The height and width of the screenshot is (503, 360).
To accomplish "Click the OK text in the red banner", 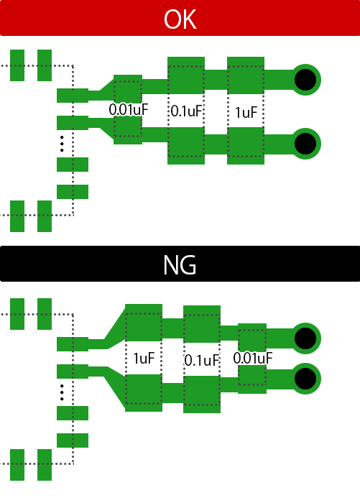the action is (x=180, y=19).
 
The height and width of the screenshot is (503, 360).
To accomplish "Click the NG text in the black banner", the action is (x=180, y=265).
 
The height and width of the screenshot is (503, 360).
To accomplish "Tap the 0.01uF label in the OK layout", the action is (x=129, y=110).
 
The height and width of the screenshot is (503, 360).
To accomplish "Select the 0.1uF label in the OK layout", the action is (x=186, y=111).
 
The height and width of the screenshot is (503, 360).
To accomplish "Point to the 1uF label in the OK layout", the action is (x=246, y=113).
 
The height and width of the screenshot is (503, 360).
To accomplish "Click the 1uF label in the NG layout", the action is (x=144, y=359).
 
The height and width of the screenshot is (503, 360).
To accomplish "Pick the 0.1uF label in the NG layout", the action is (x=201, y=361).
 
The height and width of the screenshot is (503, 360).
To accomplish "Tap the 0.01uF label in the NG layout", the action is (x=253, y=359).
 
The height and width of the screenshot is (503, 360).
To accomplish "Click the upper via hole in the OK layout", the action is (x=305, y=80).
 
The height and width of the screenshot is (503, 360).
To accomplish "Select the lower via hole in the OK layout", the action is (x=305, y=144).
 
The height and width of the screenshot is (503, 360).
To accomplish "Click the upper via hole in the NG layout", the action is (x=305, y=338).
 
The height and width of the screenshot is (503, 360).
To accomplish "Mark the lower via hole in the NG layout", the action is (x=305, y=379).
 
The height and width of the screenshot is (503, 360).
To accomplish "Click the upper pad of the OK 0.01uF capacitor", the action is (x=128, y=89).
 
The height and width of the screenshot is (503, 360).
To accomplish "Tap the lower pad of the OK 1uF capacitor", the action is (x=246, y=146).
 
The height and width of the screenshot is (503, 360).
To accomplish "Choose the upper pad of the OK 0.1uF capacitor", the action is (x=186, y=75).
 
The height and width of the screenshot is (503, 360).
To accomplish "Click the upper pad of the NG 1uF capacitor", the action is (x=144, y=323).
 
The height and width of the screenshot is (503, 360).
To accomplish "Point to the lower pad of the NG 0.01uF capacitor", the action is (x=252, y=379).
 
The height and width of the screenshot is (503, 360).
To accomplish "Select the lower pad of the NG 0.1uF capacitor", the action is (x=202, y=394).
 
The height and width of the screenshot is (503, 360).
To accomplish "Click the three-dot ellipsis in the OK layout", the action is (x=62, y=144).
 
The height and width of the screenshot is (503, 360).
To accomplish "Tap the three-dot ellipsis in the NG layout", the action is (x=62, y=392).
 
